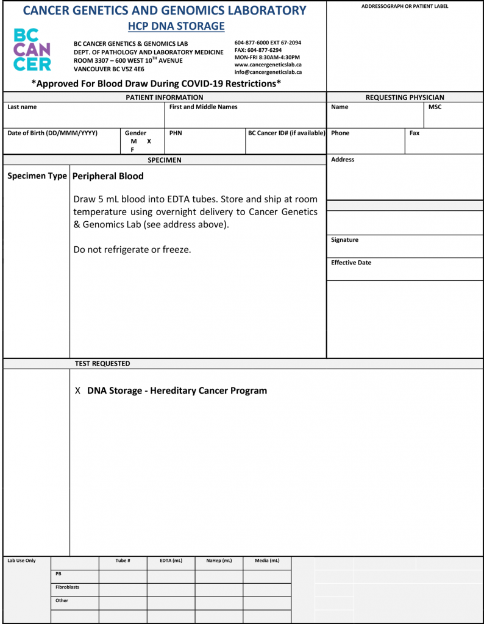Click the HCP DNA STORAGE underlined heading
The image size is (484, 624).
coord(176,26)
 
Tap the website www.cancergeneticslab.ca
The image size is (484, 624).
coord(268,65)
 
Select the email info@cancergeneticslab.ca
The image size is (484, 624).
coord(268,72)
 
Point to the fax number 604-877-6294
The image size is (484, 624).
coord(258,50)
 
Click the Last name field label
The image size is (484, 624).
coord(22,107)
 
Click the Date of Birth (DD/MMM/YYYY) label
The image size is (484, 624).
coord(52,133)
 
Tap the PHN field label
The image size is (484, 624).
coord(176,133)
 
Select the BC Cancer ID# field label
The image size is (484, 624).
coord(286,133)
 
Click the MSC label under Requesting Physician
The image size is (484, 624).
coord(435,107)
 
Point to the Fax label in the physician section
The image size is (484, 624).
coord(415,133)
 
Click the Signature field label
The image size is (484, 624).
coord(344,240)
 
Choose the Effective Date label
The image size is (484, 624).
coord(351,263)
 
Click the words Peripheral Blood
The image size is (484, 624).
coord(108,176)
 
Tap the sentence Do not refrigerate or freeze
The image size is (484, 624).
coord(132,250)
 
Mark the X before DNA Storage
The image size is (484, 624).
coord(77,391)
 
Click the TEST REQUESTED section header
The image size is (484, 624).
coord(102,364)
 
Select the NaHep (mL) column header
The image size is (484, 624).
coord(219,561)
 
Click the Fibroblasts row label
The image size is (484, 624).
coord(67,587)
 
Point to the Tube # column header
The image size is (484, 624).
coord(123,561)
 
